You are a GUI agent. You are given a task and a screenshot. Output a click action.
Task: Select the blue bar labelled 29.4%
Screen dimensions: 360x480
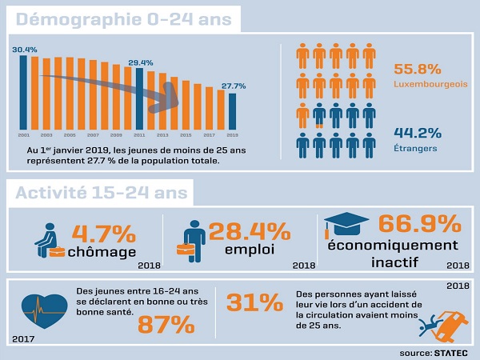[139, 98]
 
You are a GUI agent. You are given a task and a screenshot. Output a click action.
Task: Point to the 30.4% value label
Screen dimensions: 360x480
[23, 50]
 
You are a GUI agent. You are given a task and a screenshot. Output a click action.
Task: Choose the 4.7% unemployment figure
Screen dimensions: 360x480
[103, 234]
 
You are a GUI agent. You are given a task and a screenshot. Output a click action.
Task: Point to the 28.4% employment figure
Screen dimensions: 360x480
[249, 232]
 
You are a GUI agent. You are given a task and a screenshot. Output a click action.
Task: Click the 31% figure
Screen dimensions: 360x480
[255, 302]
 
